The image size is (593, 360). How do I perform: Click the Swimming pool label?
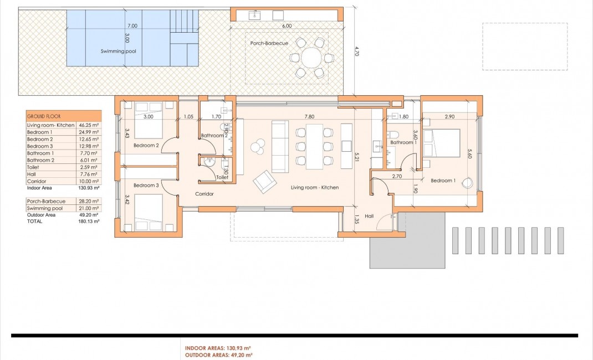[x=118, y=51]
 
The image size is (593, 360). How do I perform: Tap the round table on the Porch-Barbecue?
[x=311, y=57]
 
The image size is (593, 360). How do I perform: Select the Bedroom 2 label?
[x=146, y=146]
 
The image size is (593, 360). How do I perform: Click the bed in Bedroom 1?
[x=442, y=143]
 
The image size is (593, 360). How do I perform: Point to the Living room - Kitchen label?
[x=315, y=188]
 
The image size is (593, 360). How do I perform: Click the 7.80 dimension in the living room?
[x=310, y=117]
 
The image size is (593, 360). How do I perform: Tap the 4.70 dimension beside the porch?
[x=357, y=52]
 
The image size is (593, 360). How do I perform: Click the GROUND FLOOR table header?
[x=44, y=116]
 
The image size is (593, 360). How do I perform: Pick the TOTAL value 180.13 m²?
[x=89, y=221]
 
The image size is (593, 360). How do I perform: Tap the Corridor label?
[x=205, y=194]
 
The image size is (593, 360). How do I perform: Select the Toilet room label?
[x=222, y=178]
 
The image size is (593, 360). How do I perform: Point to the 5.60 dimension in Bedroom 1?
[x=470, y=153]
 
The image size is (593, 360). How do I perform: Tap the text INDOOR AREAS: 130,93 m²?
[x=218, y=348]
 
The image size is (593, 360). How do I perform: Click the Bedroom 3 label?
[x=146, y=186]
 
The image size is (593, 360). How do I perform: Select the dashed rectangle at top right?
[x=524, y=46]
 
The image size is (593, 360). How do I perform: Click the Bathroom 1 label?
[x=402, y=143]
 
